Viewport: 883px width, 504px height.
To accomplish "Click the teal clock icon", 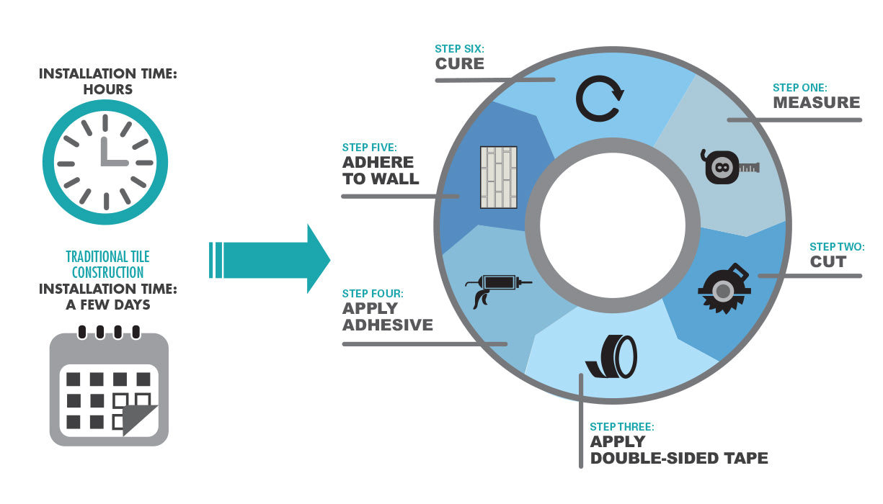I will click(105, 162).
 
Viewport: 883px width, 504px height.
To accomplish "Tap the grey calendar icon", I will click(109, 390).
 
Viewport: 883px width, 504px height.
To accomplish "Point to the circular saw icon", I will click(724, 287).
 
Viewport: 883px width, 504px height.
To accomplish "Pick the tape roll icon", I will click(613, 356).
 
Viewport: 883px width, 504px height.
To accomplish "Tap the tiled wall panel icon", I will click(499, 178).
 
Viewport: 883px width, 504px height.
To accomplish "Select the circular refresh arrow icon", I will click(599, 99).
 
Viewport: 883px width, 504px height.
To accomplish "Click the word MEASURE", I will click(817, 102).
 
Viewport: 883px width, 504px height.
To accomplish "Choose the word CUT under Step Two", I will click(828, 261).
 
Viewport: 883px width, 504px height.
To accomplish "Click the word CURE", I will click(459, 63).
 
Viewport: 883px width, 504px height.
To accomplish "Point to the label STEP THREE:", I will click(622, 427).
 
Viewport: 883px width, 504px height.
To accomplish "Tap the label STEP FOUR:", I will click(373, 294).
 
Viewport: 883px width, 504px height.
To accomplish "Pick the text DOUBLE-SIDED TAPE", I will click(679, 458).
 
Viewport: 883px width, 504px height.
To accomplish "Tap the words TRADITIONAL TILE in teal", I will click(107, 257).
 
